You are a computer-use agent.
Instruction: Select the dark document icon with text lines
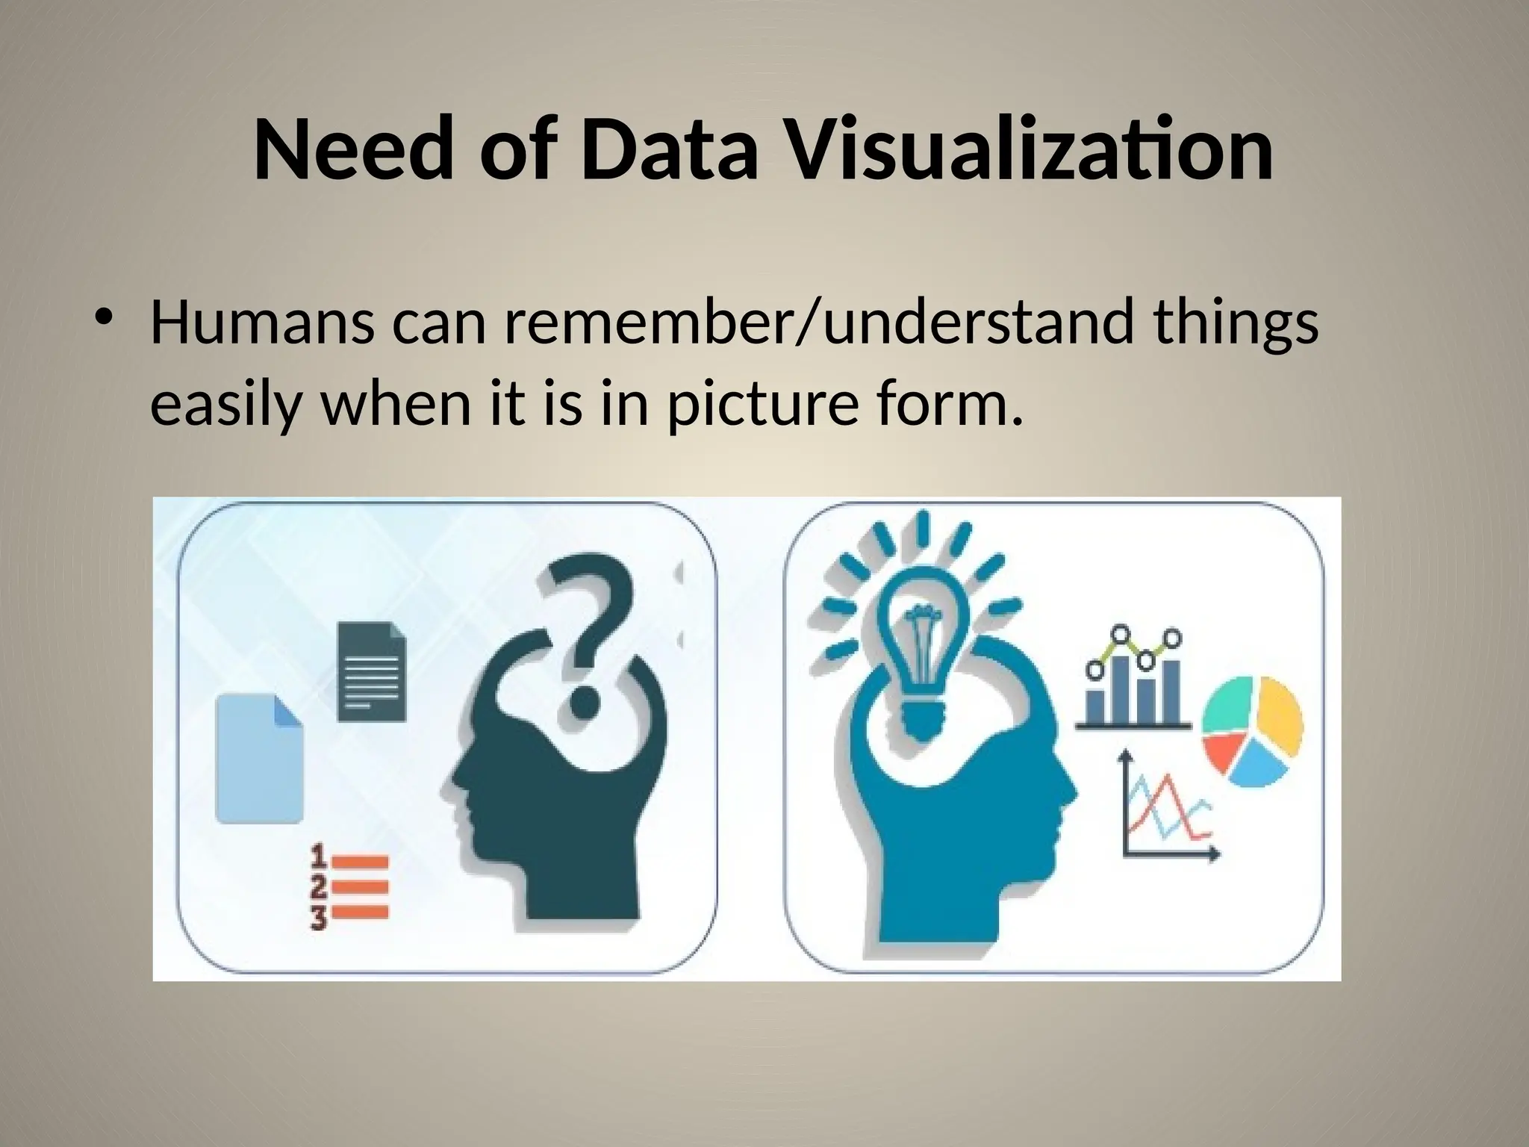coord(372,671)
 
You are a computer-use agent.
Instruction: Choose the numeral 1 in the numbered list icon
coord(319,854)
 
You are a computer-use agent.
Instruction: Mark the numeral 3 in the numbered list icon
coord(319,918)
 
